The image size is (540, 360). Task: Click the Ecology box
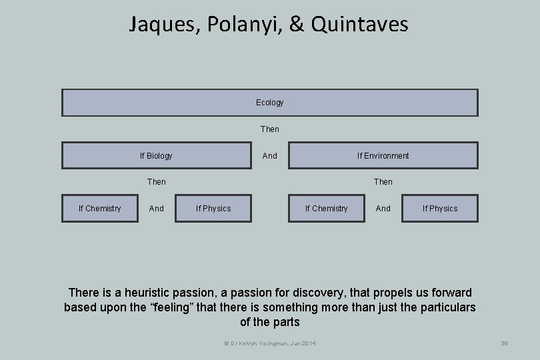(269, 103)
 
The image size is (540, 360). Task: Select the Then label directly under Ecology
(269, 129)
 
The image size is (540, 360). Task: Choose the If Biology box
(157, 155)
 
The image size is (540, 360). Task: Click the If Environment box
(383, 155)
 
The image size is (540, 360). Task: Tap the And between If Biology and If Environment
(269, 155)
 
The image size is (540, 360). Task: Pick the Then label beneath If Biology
(157, 181)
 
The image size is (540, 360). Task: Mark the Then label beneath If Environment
(383, 181)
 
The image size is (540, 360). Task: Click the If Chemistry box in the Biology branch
(100, 209)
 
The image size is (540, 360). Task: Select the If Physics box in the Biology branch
(213, 209)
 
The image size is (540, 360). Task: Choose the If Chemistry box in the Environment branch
(327, 209)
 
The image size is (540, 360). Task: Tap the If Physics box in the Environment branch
(440, 209)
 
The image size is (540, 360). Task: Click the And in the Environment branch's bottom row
(383, 209)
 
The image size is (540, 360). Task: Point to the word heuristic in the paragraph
(143, 293)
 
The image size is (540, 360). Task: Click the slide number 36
(504, 343)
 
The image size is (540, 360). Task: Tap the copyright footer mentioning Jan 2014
(270, 343)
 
